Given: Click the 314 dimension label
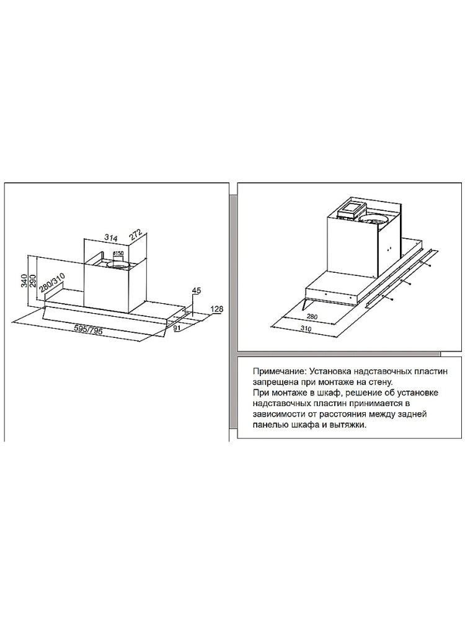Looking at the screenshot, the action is coord(112,239).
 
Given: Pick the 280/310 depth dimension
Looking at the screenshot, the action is coord(52,281).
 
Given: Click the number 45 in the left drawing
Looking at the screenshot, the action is coord(197,291).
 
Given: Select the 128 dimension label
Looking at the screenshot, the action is coord(218,309).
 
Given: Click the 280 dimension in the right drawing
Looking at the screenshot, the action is coord(312,317).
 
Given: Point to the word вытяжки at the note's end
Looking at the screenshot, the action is coord(350,425).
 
